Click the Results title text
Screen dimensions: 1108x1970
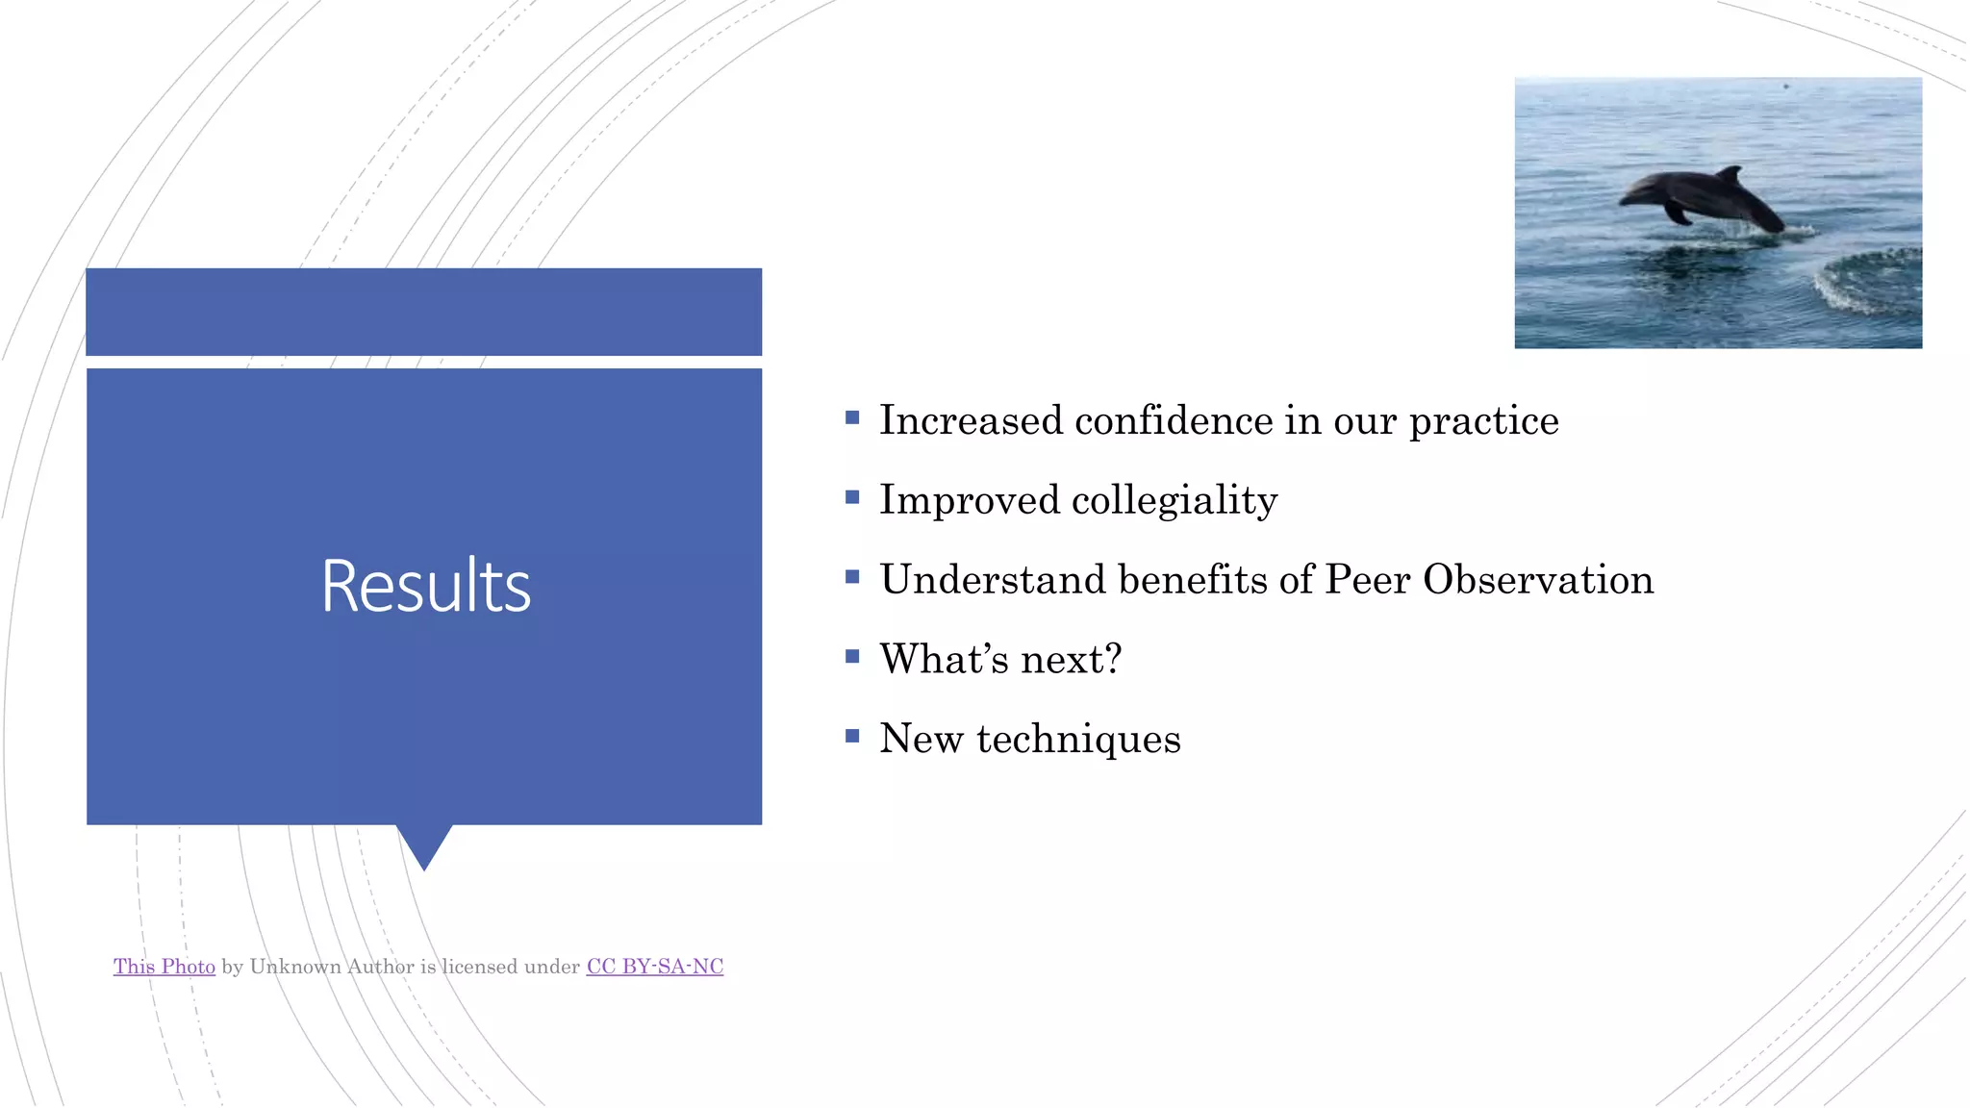click(x=425, y=586)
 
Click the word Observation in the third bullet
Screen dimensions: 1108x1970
click(x=1537, y=580)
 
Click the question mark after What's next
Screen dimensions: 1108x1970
click(x=1113, y=660)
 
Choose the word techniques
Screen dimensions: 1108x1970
click(x=1077, y=740)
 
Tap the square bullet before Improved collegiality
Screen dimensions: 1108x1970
click(x=852, y=497)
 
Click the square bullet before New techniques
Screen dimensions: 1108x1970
click(x=852, y=736)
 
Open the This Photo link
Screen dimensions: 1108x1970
click(x=164, y=967)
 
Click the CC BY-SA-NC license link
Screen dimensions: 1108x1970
click(x=654, y=967)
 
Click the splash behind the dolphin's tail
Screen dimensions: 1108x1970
click(x=1795, y=231)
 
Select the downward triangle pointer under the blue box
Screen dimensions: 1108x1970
click(x=424, y=844)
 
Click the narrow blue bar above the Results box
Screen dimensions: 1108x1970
click(x=424, y=312)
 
